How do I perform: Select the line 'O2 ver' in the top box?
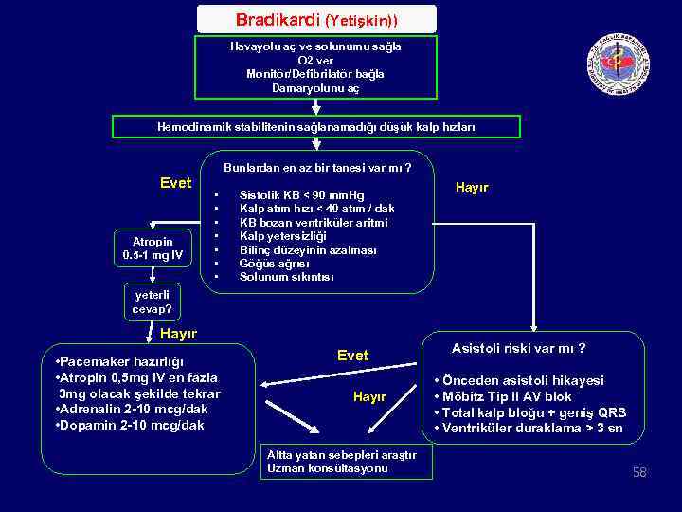point(315,60)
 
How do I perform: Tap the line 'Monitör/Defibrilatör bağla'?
point(315,73)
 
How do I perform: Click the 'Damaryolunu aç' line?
point(315,87)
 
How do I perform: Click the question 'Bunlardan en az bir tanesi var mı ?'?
point(316,168)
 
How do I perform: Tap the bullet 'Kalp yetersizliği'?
point(282,236)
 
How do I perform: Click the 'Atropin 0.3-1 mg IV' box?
point(153,249)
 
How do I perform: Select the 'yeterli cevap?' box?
point(152,302)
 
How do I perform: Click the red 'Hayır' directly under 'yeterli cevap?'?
point(177,334)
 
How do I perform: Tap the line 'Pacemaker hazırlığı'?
point(120,362)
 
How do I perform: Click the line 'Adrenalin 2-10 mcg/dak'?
point(135,409)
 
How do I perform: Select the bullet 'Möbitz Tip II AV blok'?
point(508,396)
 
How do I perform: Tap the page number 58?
point(639,472)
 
